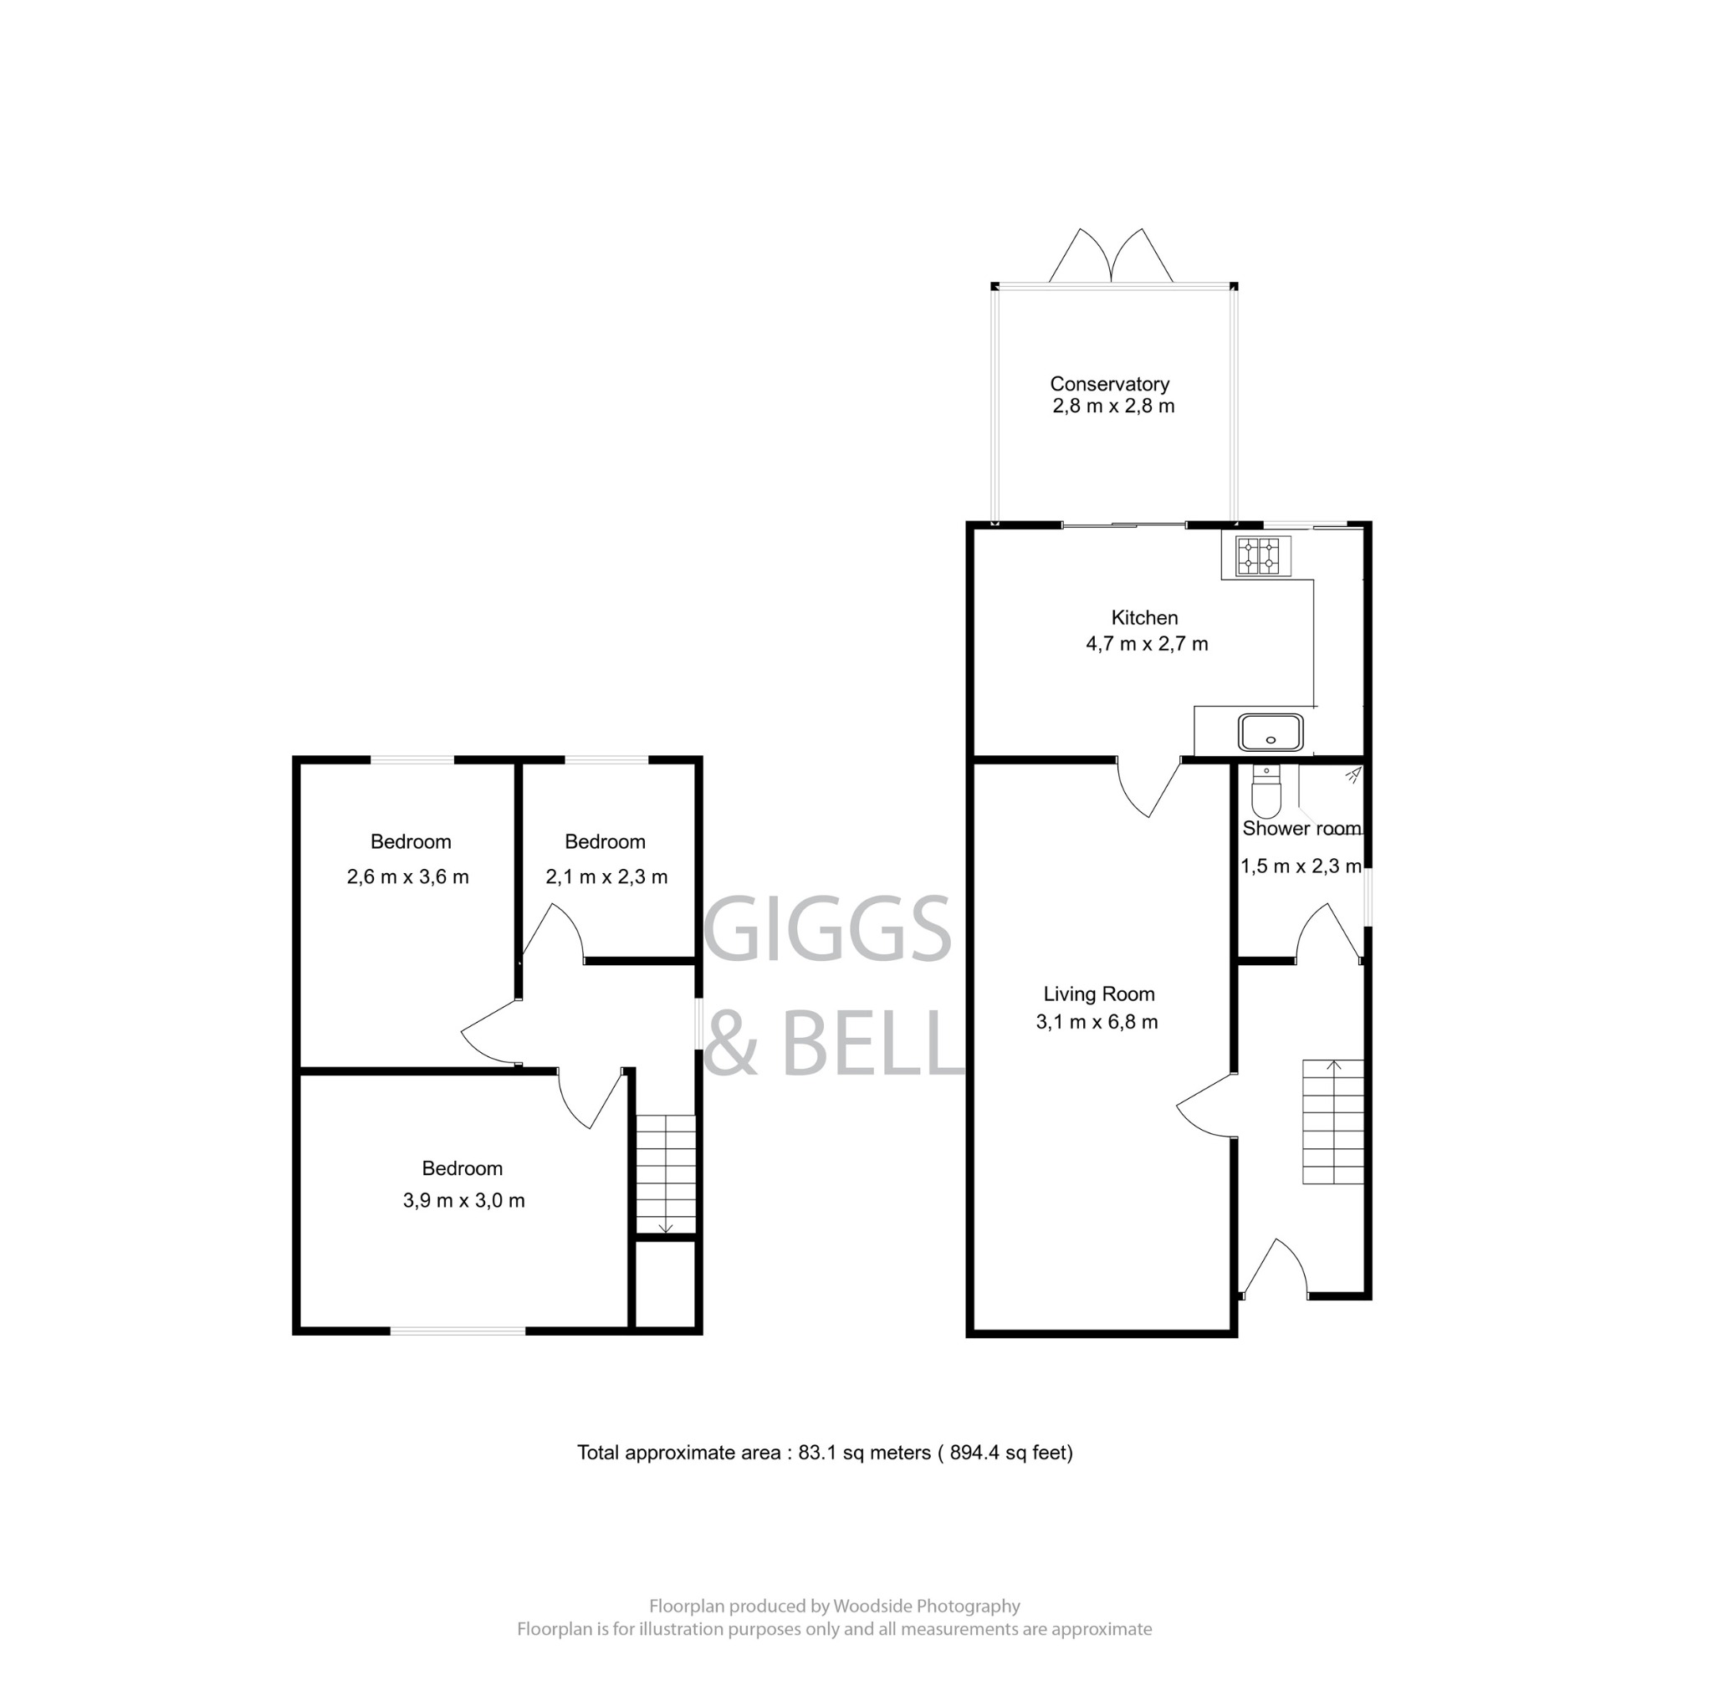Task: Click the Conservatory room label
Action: (1109, 384)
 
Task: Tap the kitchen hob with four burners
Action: (1257, 555)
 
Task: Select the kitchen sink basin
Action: (1271, 733)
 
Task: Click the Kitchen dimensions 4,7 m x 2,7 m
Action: (1146, 644)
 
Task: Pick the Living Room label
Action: (1098, 994)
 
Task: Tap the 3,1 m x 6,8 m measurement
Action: (1097, 1022)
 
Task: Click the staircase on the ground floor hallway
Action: (1333, 1122)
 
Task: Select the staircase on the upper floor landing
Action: (666, 1174)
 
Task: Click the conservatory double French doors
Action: (1111, 258)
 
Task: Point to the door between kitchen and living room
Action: (1148, 787)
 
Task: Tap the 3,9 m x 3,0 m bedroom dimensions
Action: (463, 1201)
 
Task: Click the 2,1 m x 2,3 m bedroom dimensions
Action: (606, 876)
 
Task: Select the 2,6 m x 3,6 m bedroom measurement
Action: (407, 876)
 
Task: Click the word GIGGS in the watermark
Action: (827, 929)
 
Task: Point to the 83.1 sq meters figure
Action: (863, 1453)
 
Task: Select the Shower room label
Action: (1301, 829)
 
